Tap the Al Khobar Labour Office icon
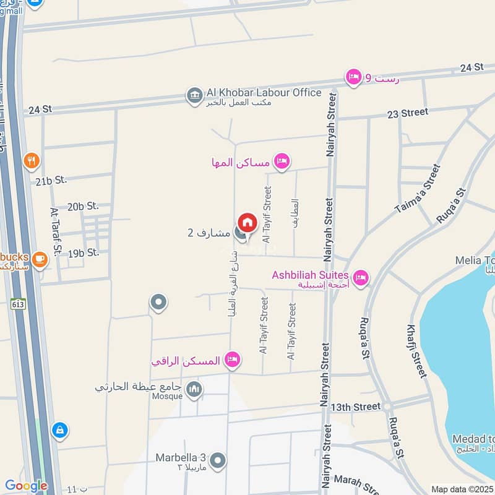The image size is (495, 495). pyautogui.click(x=194, y=96)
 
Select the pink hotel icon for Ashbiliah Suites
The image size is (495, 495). pyautogui.click(x=361, y=278)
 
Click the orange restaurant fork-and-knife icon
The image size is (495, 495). pyautogui.click(x=32, y=161)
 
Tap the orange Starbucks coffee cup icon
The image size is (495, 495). pyautogui.click(x=40, y=259)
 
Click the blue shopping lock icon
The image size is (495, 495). pyautogui.click(x=59, y=429)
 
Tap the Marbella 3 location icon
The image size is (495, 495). pyautogui.click(x=217, y=460)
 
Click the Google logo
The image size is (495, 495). pyautogui.click(x=26, y=486)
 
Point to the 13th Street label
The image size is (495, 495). pyautogui.click(x=355, y=407)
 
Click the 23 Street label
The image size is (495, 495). pyautogui.click(x=407, y=113)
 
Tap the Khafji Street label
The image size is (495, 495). pyautogui.click(x=417, y=350)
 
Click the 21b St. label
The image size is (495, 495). pyautogui.click(x=51, y=181)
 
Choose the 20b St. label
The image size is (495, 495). pyautogui.click(x=84, y=206)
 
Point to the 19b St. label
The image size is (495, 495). pyautogui.click(x=84, y=252)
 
